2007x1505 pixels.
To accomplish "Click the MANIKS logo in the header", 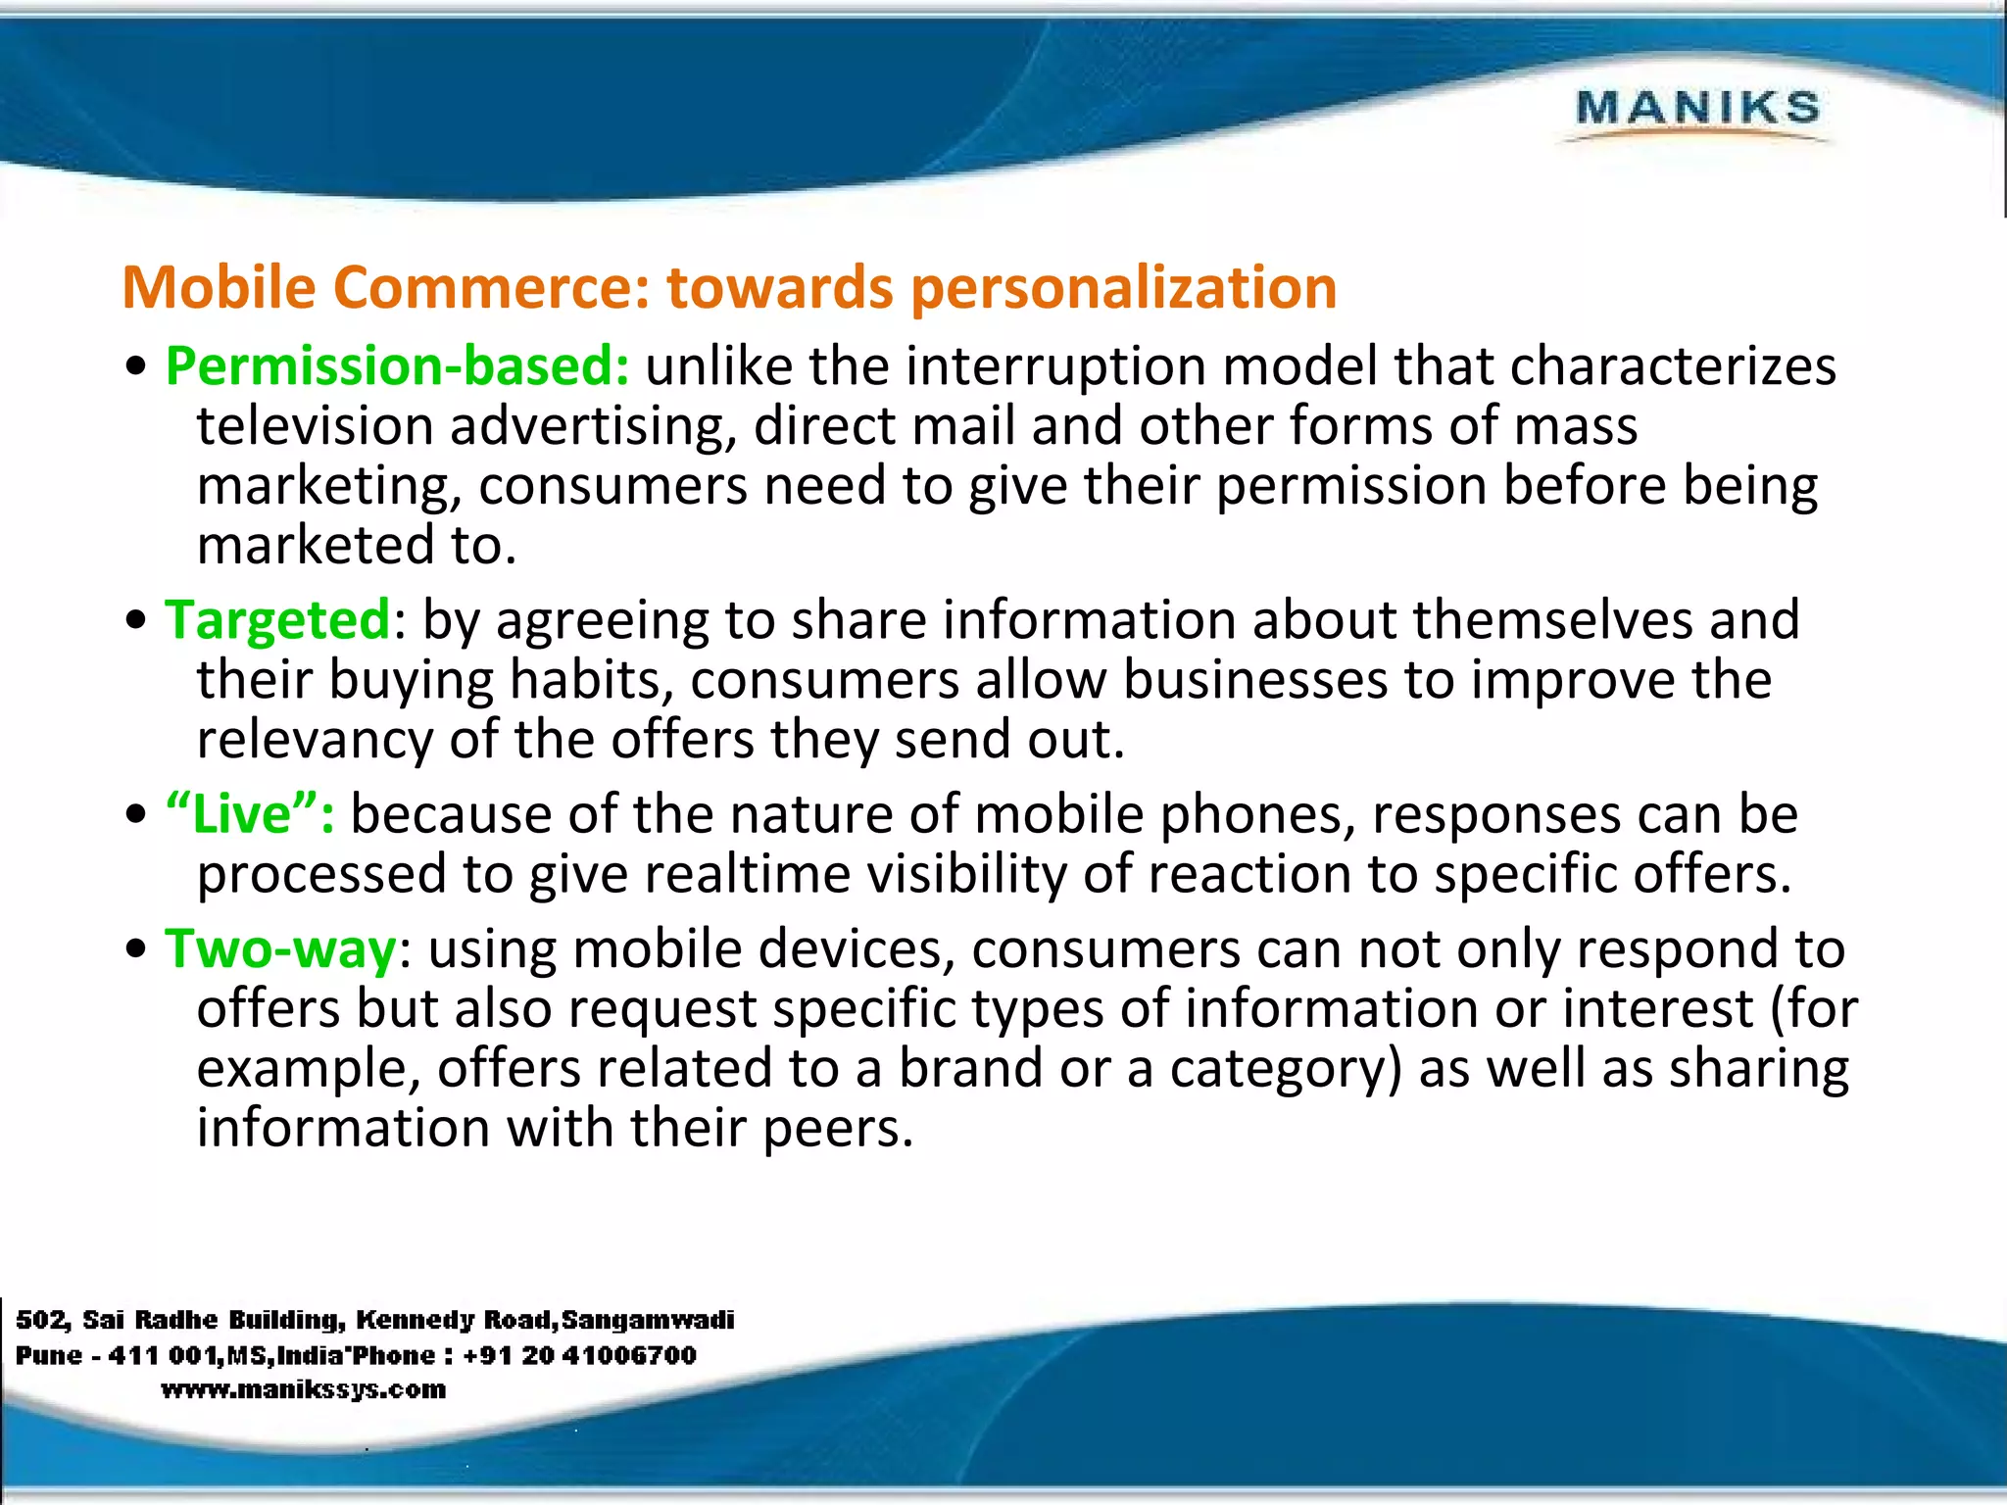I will pos(1697,108).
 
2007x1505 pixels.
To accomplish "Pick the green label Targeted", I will pos(277,620).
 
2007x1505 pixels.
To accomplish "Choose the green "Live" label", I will pos(250,814).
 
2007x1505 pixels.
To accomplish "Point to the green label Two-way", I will pos(280,949).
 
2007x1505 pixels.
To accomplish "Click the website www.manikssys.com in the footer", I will pos(303,1389).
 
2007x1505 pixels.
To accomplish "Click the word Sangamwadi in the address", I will pos(648,1320).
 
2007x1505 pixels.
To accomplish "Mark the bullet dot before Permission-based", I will pos(136,368).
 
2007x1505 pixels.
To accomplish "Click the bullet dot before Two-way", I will pos(136,951).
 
